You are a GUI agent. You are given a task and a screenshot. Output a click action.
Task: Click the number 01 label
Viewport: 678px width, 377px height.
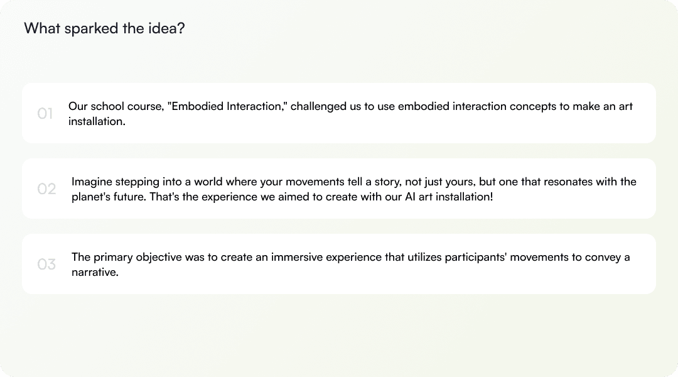point(45,113)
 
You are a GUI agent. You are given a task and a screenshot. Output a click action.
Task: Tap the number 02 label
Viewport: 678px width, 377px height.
point(46,188)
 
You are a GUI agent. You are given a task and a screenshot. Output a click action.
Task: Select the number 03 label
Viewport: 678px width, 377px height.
point(46,264)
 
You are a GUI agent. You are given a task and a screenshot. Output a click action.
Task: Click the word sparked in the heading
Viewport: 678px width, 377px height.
point(91,29)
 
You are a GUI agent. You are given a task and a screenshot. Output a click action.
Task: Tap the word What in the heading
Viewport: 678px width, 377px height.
point(42,28)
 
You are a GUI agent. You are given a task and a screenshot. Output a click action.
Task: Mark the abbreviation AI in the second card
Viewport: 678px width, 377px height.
point(411,197)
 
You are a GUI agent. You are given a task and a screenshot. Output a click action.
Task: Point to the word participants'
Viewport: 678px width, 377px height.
point(475,258)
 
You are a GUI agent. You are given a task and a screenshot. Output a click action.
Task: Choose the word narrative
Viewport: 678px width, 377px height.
point(95,272)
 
